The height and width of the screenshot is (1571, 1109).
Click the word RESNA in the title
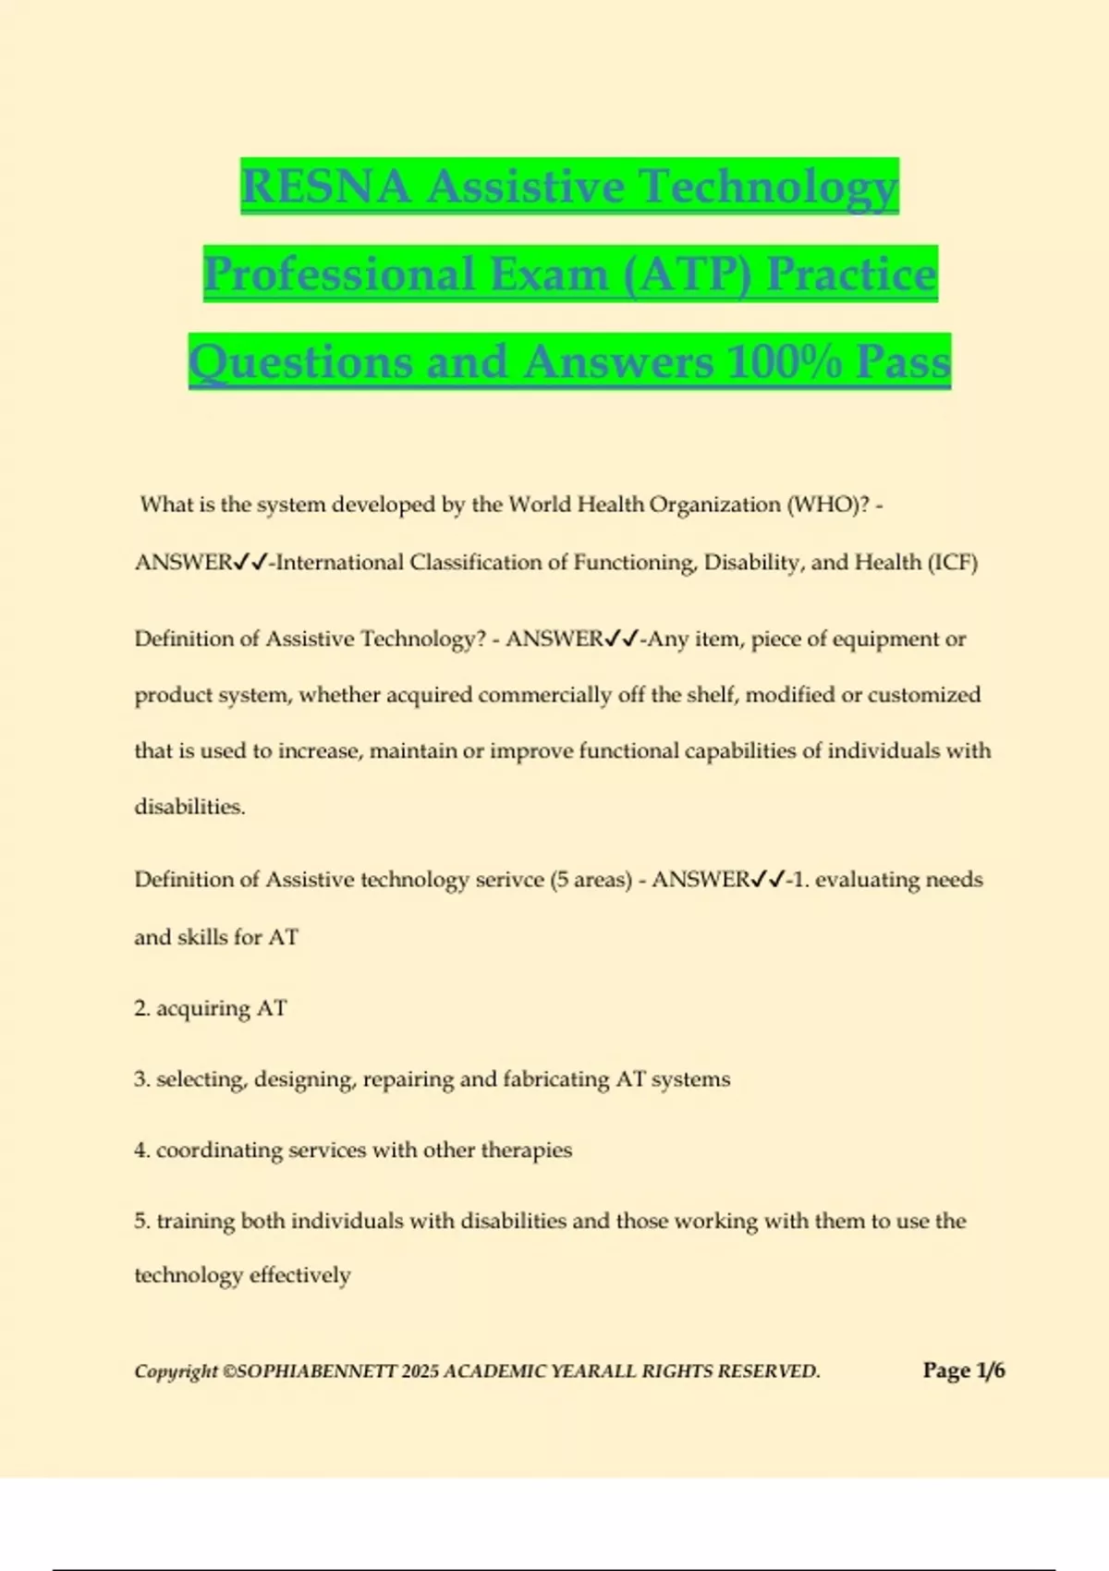point(325,187)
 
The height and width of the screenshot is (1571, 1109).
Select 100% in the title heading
point(784,362)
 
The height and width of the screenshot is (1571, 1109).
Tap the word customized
point(923,695)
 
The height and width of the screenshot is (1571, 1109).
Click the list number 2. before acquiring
point(142,1008)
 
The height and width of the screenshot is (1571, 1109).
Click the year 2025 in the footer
point(420,1371)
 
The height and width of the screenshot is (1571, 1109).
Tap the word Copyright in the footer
point(177,1371)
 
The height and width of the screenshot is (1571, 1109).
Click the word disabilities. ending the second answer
point(189,807)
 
